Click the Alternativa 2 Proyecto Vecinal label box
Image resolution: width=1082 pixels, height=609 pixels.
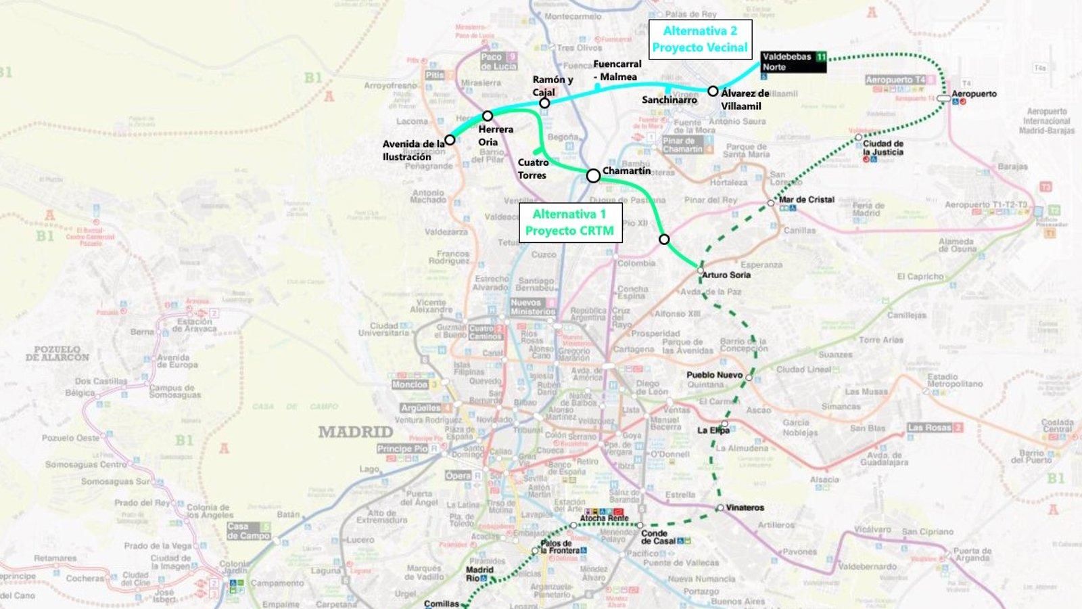[700, 39]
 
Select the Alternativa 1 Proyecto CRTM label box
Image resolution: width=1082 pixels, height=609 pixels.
[569, 223]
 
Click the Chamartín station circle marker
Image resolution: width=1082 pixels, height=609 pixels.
[593, 176]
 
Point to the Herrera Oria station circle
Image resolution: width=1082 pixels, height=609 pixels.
[488, 116]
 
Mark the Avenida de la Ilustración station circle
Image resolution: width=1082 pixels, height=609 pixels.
[450, 140]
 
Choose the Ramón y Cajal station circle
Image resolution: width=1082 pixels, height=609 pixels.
[544, 104]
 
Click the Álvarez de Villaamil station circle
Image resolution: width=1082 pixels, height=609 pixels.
[713, 91]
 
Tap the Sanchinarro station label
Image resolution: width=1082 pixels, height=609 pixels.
[669, 100]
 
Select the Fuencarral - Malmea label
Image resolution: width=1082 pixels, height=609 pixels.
[617, 70]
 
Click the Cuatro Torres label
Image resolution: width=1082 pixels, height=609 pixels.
[533, 168]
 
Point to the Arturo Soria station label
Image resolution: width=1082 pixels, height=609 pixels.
[726, 275]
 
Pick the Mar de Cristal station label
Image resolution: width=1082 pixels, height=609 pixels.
[806, 200]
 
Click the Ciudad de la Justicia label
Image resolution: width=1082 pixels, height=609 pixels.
[883, 148]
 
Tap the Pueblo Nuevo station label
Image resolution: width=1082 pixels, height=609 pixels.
[714, 375]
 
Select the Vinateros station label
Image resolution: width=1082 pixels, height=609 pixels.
[745, 507]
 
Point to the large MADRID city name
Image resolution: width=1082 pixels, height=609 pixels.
[356, 432]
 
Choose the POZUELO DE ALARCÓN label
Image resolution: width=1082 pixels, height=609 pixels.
[57, 353]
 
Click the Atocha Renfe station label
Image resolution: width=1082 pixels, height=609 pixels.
[604, 518]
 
